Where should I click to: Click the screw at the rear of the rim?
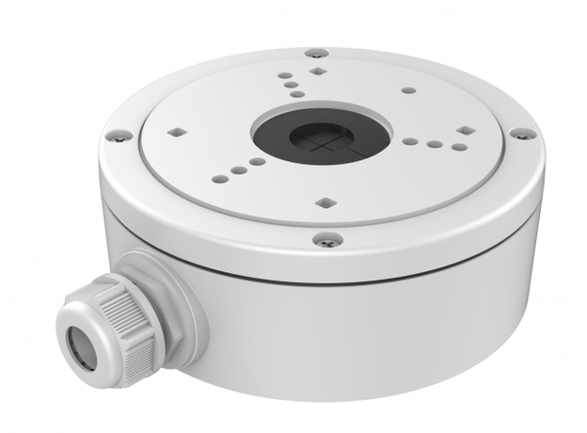click(316, 54)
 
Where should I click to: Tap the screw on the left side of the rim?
click(118, 136)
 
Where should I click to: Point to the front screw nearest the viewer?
click(325, 240)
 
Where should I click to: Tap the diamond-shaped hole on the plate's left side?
click(174, 133)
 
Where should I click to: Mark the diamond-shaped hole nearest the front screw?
click(325, 201)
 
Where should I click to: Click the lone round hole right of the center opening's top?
click(408, 91)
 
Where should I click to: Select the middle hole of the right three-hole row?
click(434, 144)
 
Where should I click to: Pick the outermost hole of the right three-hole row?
click(458, 146)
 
